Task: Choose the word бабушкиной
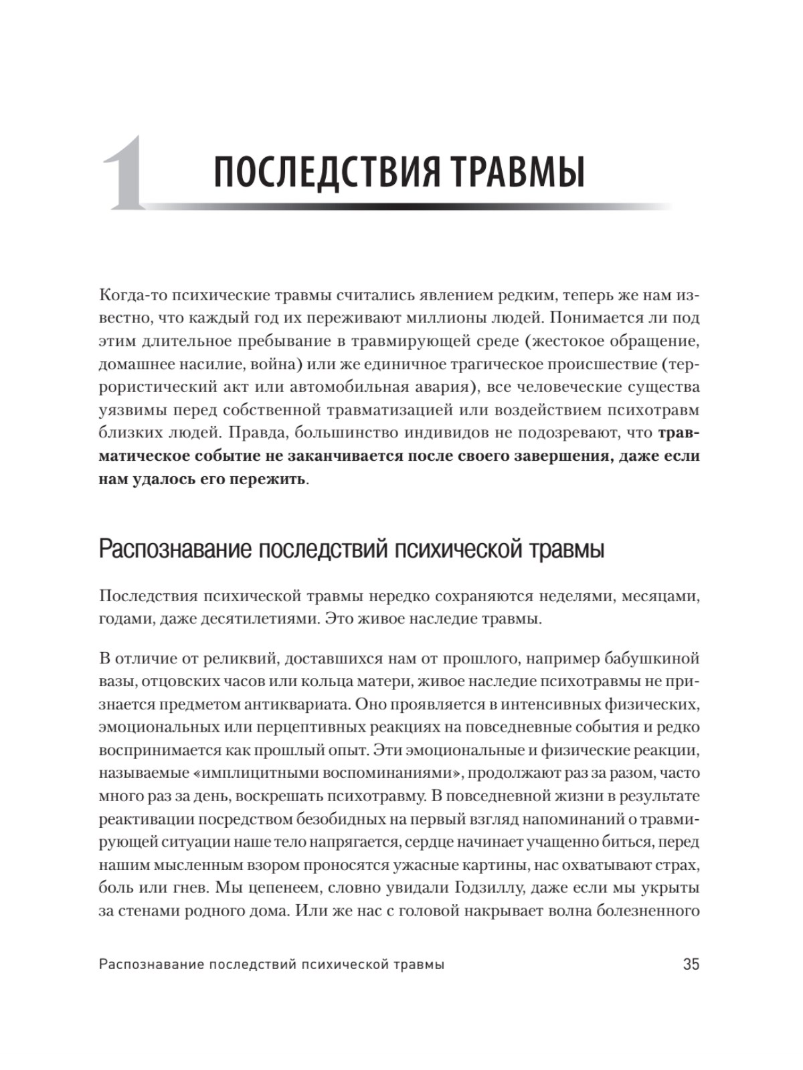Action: [x=653, y=659]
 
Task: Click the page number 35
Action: [x=691, y=964]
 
